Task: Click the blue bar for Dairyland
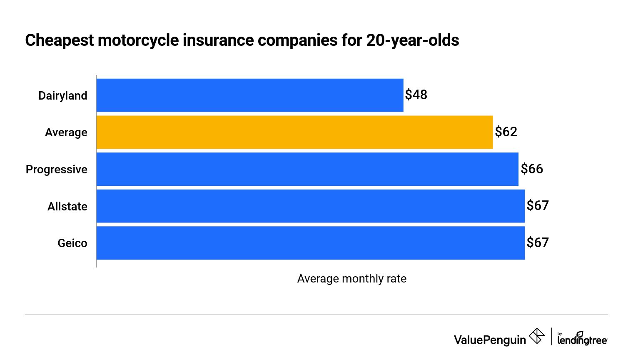coord(250,95)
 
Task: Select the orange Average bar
coord(294,132)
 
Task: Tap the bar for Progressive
coord(307,169)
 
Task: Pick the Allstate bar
coord(310,206)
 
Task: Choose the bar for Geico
coord(310,243)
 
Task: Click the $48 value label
coord(416,95)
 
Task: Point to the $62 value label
coord(506,132)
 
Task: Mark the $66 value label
coord(532,169)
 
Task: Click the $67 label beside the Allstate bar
coord(538,205)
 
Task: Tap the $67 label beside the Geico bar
coord(538,242)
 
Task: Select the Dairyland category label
coord(63,96)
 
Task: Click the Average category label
coord(66,132)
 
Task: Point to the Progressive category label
coord(57,170)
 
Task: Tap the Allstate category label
coord(67,207)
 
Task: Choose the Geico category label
coord(72,243)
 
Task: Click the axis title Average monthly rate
coord(352,279)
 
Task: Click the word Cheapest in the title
coord(60,40)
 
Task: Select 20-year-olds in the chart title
coord(412,40)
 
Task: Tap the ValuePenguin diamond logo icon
coord(537,336)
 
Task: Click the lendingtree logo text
coord(582,340)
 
